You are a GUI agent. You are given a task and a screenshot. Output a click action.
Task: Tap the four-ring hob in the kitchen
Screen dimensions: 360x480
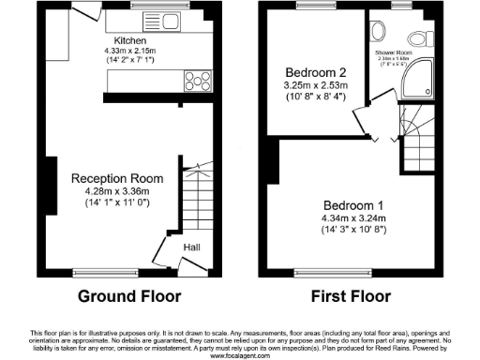click(197, 80)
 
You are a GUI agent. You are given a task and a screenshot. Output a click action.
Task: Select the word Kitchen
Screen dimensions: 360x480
click(130, 41)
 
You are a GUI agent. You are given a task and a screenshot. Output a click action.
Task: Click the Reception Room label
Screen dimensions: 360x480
click(117, 178)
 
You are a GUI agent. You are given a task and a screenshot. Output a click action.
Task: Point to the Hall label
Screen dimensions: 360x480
click(191, 247)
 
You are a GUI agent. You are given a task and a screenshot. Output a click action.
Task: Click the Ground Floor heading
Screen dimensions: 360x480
click(122, 297)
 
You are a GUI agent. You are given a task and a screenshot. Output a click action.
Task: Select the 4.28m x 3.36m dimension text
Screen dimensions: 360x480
click(117, 191)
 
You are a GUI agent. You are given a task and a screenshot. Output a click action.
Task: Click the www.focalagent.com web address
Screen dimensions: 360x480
click(240, 355)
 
